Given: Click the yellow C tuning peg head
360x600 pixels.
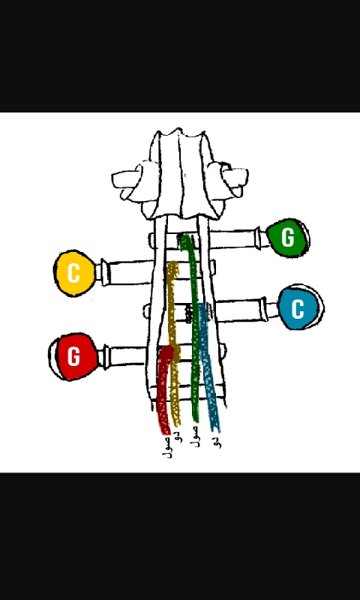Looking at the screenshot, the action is tap(74, 273).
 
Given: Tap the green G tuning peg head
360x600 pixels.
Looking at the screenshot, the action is tap(288, 238).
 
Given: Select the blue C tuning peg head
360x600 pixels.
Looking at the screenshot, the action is tap(300, 307).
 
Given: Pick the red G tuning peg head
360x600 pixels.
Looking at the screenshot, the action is tap(74, 357).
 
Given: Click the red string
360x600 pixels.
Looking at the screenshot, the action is tap(163, 390).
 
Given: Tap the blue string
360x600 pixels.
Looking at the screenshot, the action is tap(208, 367).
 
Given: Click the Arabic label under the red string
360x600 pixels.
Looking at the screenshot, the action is tap(167, 447).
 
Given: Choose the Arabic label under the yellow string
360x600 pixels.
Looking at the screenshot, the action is tap(178, 436).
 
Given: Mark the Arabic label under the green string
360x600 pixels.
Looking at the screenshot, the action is tap(196, 436).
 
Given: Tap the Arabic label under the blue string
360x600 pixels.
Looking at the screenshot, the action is tap(217, 440).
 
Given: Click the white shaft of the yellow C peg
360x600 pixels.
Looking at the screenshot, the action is tap(126, 272).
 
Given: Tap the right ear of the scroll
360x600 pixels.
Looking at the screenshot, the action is tap(229, 180).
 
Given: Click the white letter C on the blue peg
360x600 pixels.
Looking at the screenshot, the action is tap(298, 308).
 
